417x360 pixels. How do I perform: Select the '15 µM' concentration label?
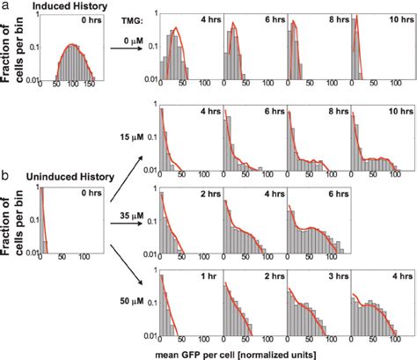pyautogui.click(x=132, y=137)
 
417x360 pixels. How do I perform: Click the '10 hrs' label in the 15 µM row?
pyautogui.click(x=390, y=112)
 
